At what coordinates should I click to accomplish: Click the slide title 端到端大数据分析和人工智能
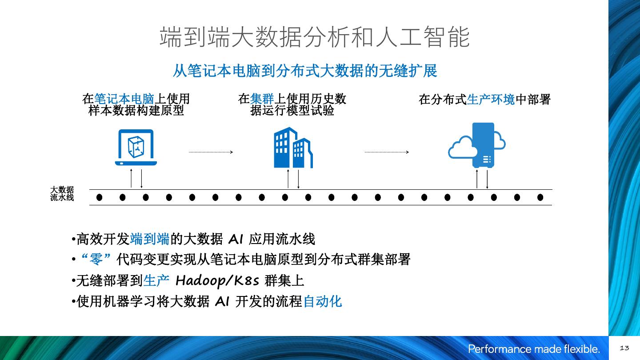315,37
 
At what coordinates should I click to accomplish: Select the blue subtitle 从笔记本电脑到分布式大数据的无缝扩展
304,71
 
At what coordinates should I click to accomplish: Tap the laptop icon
136,148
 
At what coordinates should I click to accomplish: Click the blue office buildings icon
293,148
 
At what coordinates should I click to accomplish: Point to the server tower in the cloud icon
483,145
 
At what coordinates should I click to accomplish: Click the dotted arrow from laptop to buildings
211,152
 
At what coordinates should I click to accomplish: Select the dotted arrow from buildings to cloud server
386,152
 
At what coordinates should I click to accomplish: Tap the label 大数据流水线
62,194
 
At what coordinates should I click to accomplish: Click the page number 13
624,348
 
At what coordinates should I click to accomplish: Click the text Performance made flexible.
534,349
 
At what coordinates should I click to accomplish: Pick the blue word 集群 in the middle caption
262,99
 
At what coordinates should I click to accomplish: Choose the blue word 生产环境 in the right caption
491,100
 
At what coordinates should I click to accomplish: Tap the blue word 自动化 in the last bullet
322,301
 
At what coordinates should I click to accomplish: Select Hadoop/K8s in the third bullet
217,280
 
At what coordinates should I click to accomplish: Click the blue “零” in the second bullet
96,259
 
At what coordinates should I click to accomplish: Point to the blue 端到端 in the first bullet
149,239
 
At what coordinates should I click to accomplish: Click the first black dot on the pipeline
99,197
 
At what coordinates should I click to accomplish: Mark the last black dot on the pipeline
540,197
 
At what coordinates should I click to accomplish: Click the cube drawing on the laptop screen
136,145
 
